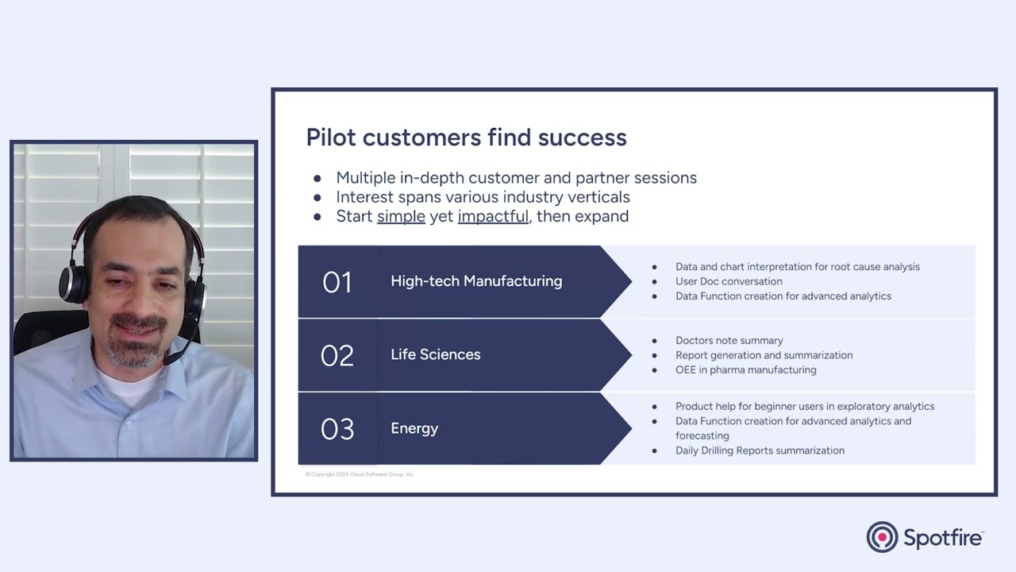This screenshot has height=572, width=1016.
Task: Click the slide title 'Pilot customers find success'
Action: coord(466,137)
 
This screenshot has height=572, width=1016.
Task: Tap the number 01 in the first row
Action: coord(337,282)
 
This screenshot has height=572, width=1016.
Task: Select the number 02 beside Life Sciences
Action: coord(337,355)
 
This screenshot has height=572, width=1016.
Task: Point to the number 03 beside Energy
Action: coord(337,429)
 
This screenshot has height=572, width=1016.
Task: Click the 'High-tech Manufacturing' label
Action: coord(476,281)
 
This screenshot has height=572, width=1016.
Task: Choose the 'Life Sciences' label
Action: coord(436,354)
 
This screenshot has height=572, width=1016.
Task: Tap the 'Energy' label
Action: coord(414,428)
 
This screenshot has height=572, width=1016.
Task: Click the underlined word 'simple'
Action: coord(401,216)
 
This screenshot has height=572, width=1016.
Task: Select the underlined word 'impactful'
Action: coord(493,216)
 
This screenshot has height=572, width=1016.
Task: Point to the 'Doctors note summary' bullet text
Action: coord(729,341)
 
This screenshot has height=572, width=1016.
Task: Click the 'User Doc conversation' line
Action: coord(729,281)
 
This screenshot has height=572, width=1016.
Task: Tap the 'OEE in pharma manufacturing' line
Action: coord(745,370)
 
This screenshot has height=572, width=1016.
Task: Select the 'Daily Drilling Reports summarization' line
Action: coord(760,450)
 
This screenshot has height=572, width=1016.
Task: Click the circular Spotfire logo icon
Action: coord(882,537)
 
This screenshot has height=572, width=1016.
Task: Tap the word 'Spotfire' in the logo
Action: coord(943,538)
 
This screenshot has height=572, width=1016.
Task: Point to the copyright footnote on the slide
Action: coord(360,474)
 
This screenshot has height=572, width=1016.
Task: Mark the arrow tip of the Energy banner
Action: coord(631,428)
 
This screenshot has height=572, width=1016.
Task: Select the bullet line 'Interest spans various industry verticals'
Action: coord(483,197)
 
